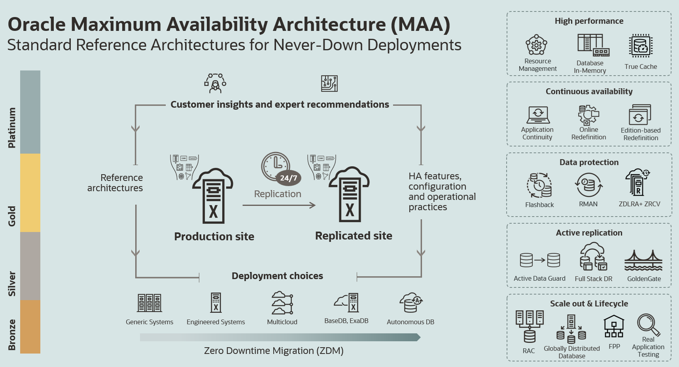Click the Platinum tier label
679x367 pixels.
click(12, 127)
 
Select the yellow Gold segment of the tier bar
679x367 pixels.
click(30, 192)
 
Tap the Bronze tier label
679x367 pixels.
click(12, 335)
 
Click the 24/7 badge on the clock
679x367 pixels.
click(288, 178)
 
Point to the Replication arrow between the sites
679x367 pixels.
click(279, 205)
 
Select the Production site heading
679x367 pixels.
click(214, 236)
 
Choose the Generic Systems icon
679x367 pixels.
click(149, 303)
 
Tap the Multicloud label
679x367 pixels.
click(282, 322)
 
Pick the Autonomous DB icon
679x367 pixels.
click(410, 303)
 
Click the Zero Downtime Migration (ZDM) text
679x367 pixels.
click(274, 351)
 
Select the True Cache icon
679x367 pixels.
click(641, 46)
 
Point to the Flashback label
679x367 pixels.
click(539, 205)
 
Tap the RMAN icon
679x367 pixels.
click(588, 185)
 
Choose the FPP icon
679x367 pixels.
click(614, 327)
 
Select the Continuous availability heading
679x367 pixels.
click(589, 91)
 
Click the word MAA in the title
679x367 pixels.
click(420, 25)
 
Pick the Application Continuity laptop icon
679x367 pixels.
click(538, 115)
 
